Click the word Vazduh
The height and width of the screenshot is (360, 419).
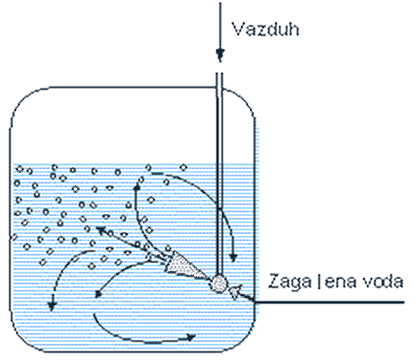pyautogui.click(x=266, y=30)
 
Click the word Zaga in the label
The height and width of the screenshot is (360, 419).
pyautogui.click(x=290, y=283)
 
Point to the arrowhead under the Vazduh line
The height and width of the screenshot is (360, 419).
pyautogui.click(x=220, y=55)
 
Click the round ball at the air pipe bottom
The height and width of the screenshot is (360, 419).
pyautogui.click(x=218, y=283)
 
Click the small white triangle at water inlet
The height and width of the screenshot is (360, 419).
pyautogui.click(x=236, y=292)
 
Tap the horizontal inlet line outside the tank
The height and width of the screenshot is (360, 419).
pyautogui.click(x=330, y=302)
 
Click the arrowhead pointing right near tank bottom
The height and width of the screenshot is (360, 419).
pyautogui.click(x=191, y=337)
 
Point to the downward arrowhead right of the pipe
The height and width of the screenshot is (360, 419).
pyautogui.click(x=233, y=257)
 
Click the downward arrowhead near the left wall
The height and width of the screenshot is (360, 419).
pyautogui.click(x=52, y=306)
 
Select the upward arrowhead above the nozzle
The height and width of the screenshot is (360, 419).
pyautogui.click(x=138, y=188)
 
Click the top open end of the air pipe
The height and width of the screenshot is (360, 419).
pyautogui.click(x=219, y=74)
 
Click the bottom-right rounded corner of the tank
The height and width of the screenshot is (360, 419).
pyautogui.click(x=246, y=340)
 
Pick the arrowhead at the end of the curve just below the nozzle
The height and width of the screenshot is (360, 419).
pyautogui.click(x=98, y=294)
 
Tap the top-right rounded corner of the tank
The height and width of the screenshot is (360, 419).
pyautogui.click(x=244, y=101)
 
